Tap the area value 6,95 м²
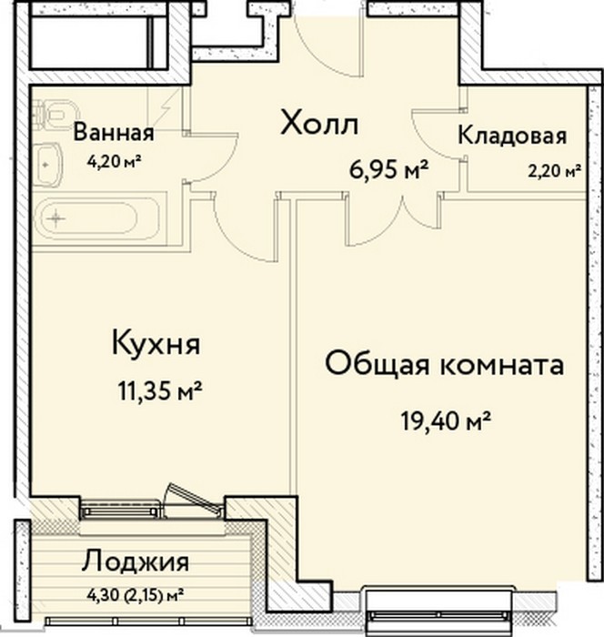(x=389, y=170)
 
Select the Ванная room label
(x=114, y=133)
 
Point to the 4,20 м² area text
(x=114, y=162)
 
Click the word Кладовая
(x=512, y=136)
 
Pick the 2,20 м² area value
(x=555, y=171)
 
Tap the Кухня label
(x=156, y=344)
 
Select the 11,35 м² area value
(x=160, y=390)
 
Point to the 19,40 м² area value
(x=446, y=420)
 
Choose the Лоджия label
(x=136, y=562)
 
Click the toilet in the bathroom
(x=55, y=114)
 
